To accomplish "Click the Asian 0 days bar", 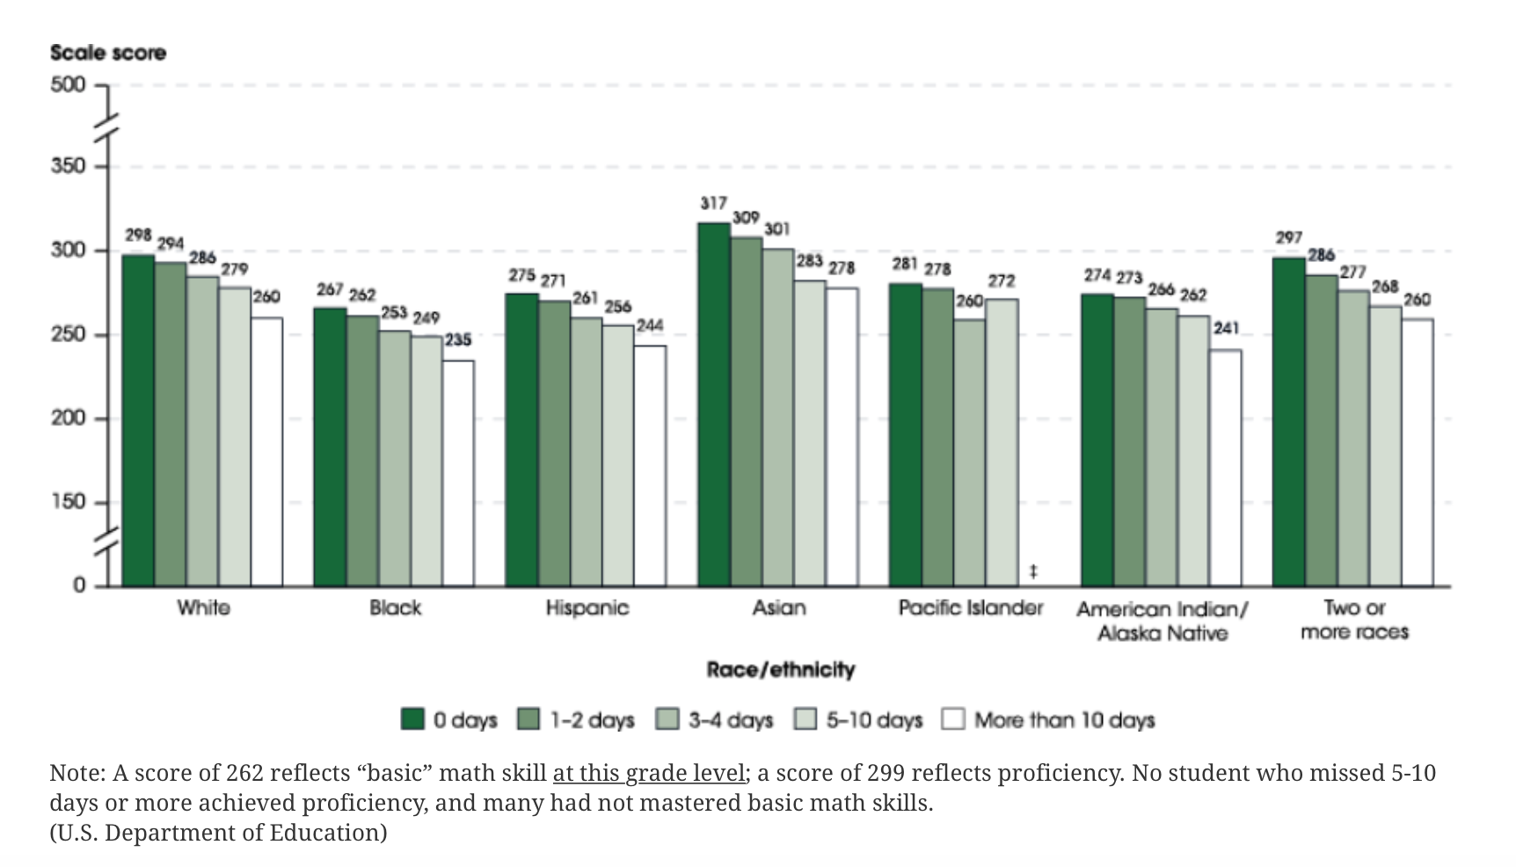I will (x=713, y=404).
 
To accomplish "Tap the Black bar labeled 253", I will (x=394, y=457).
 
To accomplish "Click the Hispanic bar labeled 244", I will (x=650, y=465).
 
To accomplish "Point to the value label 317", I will (x=713, y=203).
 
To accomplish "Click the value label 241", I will (x=1226, y=328).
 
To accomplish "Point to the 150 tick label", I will (x=69, y=502).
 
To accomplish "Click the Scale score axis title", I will (x=108, y=53).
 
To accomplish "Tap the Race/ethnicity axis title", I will (x=780, y=670).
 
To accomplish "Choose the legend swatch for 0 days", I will (x=412, y=719).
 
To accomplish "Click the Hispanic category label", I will (x=587, y=608).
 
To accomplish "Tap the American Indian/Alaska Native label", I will (x=1162, y=621).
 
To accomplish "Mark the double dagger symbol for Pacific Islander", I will (x=1033, y=572).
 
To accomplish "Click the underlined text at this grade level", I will (x=649, y=773).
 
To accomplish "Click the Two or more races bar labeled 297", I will (x=1288, y=422).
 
